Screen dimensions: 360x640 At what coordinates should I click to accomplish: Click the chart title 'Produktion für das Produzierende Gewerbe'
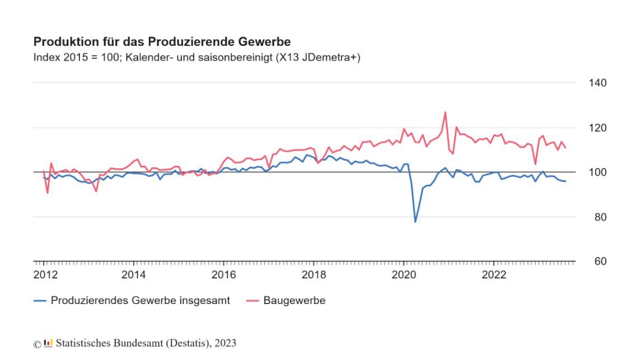pyautogui.click(x=162, y=42)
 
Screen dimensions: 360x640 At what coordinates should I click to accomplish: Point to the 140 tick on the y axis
pyautogui.click(x=597, y=83)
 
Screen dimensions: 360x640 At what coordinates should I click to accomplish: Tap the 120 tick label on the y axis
pyautogui.click(x=597, y=128)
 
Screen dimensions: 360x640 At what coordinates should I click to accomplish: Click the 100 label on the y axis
pyautogui.click(x=597, y=172)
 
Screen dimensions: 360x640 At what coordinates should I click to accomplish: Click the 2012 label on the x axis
pyautogui.click(x=45, y=275)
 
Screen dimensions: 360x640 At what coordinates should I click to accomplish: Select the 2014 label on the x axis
pyautogui.click(x=134, y=275)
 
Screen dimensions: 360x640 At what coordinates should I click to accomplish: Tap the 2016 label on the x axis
pyautogui.click(x=224, y=275)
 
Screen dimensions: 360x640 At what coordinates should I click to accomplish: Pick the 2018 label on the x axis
pyautogui.click(x=314, y=275)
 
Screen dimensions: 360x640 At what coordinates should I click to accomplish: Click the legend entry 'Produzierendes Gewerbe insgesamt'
pyautogui.click(x=140, y=301)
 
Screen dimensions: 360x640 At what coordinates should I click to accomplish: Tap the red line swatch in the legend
pyautogui.click(x=253, y=301)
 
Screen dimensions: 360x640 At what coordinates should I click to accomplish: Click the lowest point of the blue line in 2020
pyautogui.click(x=415, y=222)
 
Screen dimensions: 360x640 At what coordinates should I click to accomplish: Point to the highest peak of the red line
pyautogui.click(x=445, y=112)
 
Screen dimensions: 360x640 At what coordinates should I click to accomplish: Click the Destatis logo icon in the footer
pyautogui.click(x=49, y=343)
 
